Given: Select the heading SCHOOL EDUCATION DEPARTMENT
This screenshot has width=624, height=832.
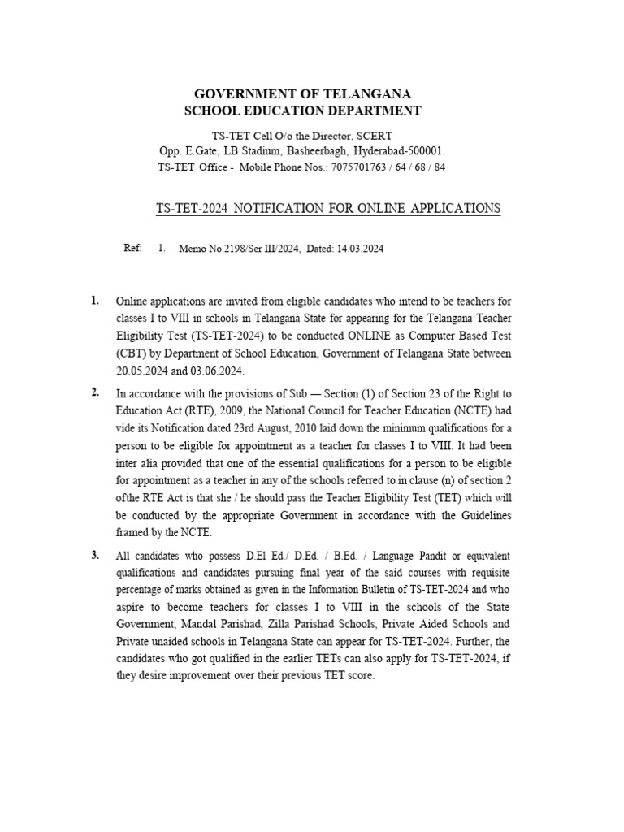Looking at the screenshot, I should (302, 110).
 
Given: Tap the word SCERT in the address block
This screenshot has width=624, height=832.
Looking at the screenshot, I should (375, 136).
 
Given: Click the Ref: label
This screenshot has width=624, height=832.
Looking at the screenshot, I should (132, 249).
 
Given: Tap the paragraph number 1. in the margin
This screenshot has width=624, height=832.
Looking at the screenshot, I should (95, 301).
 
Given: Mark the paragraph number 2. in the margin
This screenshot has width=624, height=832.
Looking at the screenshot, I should (95, 392).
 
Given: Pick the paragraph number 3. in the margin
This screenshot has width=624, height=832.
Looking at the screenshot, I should (95, 555).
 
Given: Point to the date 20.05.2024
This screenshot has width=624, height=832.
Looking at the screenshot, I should (145, 372).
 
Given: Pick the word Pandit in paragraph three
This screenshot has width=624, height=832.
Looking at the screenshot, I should (396, 556).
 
